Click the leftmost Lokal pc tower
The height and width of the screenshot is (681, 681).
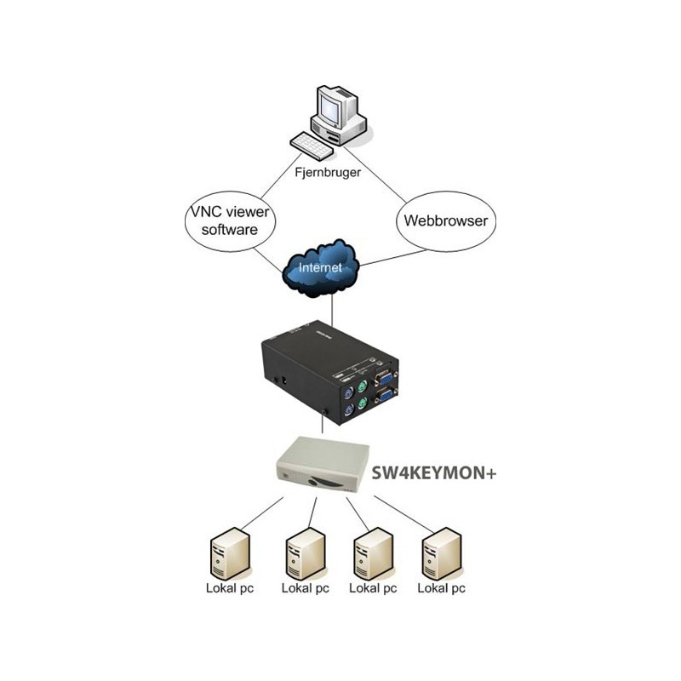pos(229,553)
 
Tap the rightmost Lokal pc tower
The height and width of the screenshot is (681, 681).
pos(444,553)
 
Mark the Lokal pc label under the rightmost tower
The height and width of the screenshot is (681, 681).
pos(444,588)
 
